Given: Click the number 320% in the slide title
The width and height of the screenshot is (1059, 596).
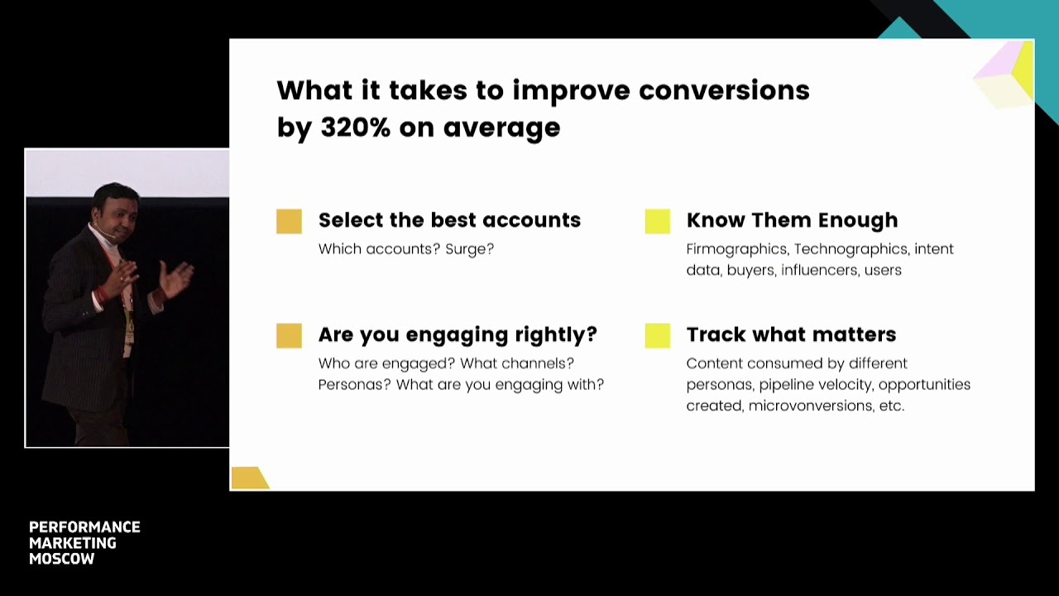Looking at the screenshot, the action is coord(356,127).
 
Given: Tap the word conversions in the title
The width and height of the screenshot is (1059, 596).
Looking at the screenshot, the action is coord(724,90).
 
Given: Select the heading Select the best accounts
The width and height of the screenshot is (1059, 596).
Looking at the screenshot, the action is coord(449,220).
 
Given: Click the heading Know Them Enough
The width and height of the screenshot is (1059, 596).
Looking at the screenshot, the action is coord(792,221).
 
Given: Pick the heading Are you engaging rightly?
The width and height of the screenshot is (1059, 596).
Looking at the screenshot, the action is coord(458,335).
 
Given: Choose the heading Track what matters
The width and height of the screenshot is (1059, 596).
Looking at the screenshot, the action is coord(792,334).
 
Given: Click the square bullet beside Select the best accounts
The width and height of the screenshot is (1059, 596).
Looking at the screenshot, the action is coord(290,221).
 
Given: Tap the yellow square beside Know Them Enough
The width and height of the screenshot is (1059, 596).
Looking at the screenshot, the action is coord(658,221).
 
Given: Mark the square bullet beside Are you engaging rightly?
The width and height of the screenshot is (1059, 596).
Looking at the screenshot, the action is coord(290,336).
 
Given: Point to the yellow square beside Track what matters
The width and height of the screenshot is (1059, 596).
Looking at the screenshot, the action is coord(658,336).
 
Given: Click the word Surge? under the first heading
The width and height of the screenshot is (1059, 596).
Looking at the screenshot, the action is coord(469,249).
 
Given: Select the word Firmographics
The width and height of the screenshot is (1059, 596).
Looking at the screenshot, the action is coord(737,249).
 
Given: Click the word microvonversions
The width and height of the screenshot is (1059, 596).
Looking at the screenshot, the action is coord(812,406).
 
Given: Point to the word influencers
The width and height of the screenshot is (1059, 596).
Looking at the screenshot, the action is coord(820,270).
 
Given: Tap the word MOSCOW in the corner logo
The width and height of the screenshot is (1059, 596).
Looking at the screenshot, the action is coord(62,559).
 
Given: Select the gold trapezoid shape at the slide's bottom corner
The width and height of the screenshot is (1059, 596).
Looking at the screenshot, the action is coord(250,478).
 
